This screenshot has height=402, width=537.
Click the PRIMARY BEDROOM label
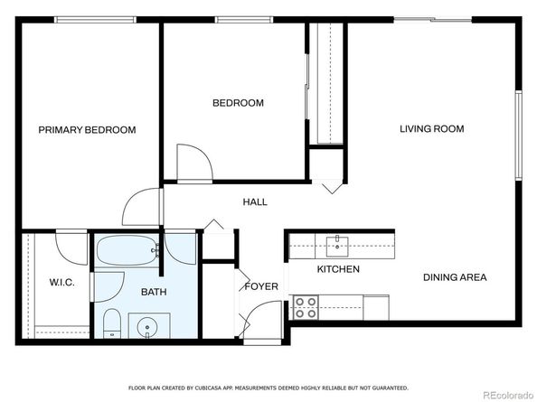[87, 130]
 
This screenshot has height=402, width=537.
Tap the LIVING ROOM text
[432, 129]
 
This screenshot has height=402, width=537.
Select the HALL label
[255, 202]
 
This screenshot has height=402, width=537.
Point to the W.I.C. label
[62, 283]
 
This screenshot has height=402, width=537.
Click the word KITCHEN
[338, 269]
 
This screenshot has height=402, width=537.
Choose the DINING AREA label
[455, 277]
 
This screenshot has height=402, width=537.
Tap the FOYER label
[261, 286]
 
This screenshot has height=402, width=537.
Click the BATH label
[154, 292]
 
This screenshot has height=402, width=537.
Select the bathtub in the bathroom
[127, 250]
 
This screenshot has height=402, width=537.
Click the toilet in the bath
[112, 323]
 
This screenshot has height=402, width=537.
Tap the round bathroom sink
[147, 327]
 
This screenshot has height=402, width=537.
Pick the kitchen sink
[337, 246]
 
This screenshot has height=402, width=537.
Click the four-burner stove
[306, 307]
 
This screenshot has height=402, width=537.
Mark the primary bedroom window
[96, 20]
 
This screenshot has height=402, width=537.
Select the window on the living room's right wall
[519, 136]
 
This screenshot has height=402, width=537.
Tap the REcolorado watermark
[508, 395]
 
